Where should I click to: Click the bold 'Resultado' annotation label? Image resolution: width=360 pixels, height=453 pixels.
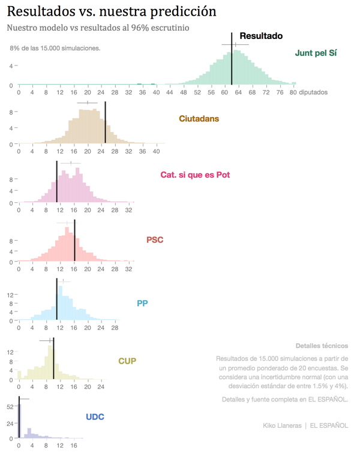[261, 36]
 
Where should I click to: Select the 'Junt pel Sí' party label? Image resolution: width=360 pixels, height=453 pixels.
[316, 53]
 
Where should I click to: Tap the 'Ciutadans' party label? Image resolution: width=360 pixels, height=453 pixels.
[199, 118]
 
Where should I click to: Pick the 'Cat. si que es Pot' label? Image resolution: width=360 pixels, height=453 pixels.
[195, 175]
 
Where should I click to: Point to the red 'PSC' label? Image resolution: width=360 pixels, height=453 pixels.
[155, 240]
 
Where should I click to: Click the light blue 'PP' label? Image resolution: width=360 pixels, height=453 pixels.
[142, 303]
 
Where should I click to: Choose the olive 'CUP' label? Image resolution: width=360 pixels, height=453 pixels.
[127, 361]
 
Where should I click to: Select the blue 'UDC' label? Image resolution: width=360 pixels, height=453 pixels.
[95, 416]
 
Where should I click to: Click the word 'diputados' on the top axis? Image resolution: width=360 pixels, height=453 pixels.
[313, 93]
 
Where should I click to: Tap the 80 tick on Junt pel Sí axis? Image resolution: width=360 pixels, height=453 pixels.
[293, 93]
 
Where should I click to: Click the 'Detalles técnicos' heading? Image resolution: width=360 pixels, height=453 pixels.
[322, 346]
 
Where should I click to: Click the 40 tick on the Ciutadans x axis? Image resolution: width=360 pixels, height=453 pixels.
[157, 152]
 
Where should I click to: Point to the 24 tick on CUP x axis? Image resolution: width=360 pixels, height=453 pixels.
[101, 387]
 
